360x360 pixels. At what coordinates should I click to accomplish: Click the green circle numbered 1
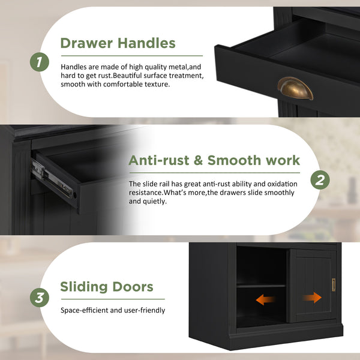click(x=40, y=62)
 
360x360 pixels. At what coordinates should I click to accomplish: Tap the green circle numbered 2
click(x=320, y=180)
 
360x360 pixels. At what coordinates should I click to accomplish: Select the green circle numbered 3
click(x=40, y=298)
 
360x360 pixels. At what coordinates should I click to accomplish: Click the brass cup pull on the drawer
click(x=295, y=89)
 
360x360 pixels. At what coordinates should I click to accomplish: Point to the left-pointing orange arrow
click(x=265, y=299)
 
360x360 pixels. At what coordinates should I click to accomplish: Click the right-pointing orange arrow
click(x=312, y=298)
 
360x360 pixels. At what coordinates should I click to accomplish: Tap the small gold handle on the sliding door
click(x=334, y=285)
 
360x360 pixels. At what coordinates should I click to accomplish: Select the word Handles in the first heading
click(x=146, y=43)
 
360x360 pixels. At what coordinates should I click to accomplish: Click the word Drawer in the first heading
click(x=86, y=43)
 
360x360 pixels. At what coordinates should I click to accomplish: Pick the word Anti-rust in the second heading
click(x=159, y=160)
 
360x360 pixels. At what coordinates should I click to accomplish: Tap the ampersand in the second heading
click(x=199, y=160)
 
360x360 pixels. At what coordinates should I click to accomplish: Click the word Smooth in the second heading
click(x=234, y=160)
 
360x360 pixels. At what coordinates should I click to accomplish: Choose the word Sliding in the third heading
click(x=84, y=287)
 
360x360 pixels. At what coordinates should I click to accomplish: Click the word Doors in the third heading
click(x=133, y=287)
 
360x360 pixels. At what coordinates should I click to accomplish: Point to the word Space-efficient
click(x=84, y=310)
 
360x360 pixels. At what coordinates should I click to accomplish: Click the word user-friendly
click(x=145, y=310)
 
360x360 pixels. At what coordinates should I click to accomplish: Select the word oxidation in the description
click(x=282, y=184)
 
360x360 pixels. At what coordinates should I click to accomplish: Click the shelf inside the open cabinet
click(x=261, y=286)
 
